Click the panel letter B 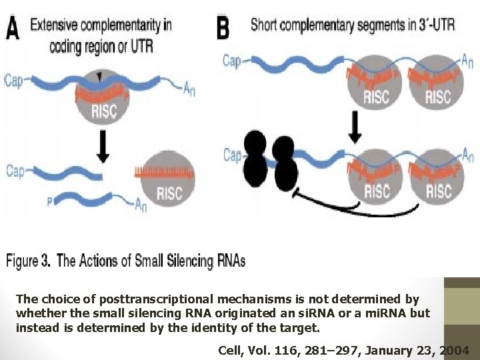tap(224, 28)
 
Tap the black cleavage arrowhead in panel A tap(100, 78)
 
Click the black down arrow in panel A tap(102, 147)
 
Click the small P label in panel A tap(49, 200)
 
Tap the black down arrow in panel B tap(355, 127)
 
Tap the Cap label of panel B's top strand tap(231, 61)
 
